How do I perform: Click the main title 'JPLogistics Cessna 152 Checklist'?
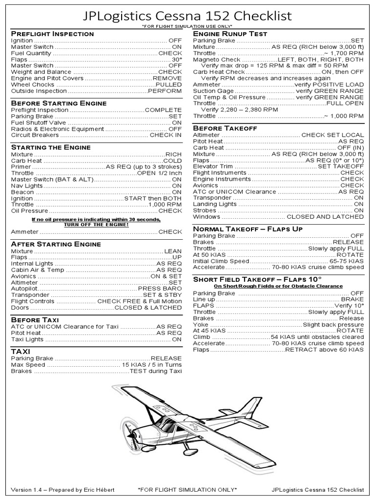coord(187,16)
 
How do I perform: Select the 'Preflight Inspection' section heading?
coord(52,34)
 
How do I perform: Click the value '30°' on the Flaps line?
coord(176,59)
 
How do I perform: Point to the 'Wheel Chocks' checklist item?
coord(33,84)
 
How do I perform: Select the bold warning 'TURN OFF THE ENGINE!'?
coord(96,224)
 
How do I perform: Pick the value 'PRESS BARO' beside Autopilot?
coord(160,289)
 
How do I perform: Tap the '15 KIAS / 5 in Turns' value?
coord(152,365)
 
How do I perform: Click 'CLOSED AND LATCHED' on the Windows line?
coord(325,217)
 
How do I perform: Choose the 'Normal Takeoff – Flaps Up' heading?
coord(248,229)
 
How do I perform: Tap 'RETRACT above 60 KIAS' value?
coord(324,350)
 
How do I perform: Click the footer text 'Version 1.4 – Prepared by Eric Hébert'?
coord(62,489)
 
